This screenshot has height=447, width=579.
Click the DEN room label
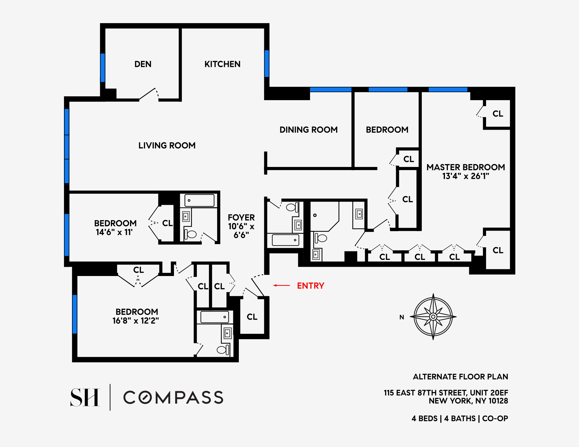(143, 64)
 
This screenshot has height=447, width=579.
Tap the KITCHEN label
(222, 64)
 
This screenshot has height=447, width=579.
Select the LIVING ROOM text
(167, 145)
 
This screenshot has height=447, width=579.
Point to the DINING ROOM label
(308, 130)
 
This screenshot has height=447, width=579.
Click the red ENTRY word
(310, 286)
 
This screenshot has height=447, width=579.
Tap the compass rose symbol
(433, 317)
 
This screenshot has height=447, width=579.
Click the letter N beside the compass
(402, 317)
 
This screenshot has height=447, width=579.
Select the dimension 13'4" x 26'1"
(466, 176)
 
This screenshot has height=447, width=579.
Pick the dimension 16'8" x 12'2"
(135, 321)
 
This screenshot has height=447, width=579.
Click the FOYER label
(241, 218)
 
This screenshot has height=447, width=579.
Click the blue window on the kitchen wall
(267, 64)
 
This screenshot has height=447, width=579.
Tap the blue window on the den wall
(102, 67)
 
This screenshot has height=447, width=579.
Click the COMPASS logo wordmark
(173, 397)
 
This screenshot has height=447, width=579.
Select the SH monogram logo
(85, 397)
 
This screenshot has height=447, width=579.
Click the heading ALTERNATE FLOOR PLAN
(460, 377)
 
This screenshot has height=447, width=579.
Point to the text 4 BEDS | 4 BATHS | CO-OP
(460, 418)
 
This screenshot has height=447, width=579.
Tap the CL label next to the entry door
(252, 317)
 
